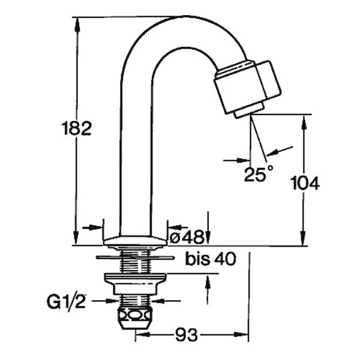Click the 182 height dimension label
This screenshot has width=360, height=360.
click(76, 128)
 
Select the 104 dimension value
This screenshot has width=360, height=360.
click(305, 183)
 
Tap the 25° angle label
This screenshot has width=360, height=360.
click(259, 173)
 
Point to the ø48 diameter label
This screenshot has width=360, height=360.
click(187, 237)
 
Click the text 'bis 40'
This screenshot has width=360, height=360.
click(211, 259)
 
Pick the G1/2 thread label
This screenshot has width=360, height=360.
click(66, 301)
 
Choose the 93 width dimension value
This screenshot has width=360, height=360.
click(187, 335)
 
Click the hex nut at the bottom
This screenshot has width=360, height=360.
click(135, 319)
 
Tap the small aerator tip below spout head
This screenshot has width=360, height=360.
click(248, 110)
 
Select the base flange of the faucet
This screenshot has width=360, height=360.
click(135, 241)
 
